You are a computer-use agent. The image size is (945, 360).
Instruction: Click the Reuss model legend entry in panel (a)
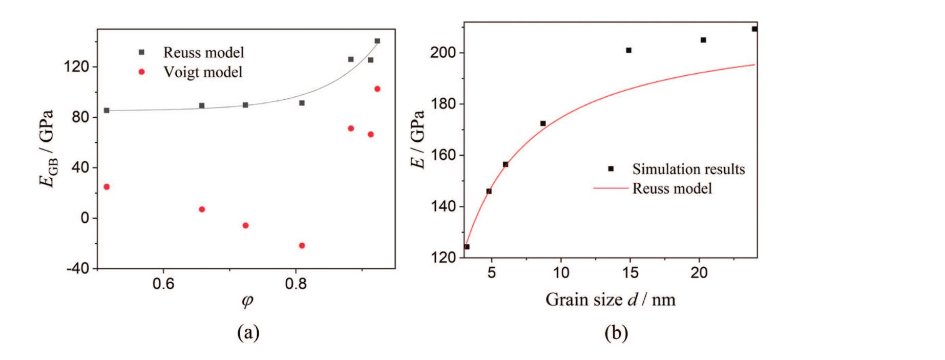(x=203, y=52)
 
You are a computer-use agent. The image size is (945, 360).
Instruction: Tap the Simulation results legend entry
(x=688, y=168)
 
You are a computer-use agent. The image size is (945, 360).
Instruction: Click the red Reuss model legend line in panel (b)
(x=611, y=188)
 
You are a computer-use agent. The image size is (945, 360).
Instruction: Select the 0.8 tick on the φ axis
(x=296, y=283)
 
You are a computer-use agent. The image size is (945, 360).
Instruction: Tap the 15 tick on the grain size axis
(x=630, y=272)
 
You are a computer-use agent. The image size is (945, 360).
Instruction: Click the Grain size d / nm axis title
(x=610, y=299)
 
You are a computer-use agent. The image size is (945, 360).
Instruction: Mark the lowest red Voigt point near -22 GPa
(x=302, y=246)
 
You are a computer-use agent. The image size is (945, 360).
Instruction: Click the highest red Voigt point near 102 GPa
(x=377, y=89)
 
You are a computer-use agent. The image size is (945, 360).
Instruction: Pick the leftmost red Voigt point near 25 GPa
(x=107, y=187)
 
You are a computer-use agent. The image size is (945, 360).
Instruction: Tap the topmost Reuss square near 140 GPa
(x=377, y=41)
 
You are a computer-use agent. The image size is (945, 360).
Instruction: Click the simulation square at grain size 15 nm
(x=628, y=50)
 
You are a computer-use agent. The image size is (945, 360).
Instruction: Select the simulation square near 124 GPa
(x=467, y=247)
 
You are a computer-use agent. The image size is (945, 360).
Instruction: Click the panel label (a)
(x=248, y=333)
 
